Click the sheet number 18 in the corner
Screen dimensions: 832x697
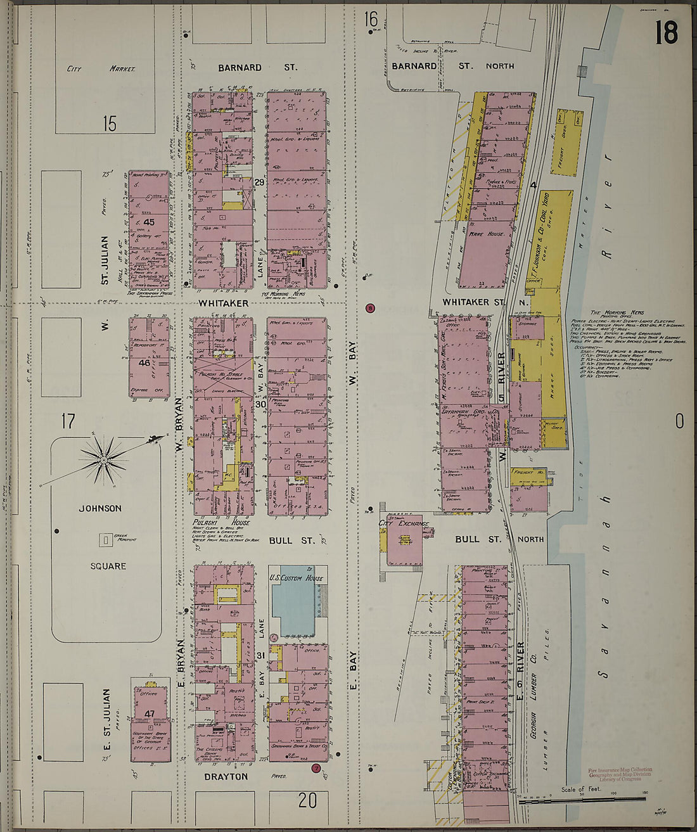click(667, 33)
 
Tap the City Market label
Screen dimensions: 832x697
click(101, 68)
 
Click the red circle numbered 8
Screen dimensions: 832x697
click(371, 309)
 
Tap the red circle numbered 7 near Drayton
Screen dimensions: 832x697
click(316, 769)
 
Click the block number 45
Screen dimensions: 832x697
click(149, 222)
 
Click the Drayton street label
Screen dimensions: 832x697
click(226, 776)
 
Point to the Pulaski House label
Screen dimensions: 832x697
click(222, 522)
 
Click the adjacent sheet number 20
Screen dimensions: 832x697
click(307, 800)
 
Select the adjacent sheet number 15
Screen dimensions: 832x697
click(110, 124)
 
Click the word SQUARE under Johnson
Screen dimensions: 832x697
click(108, 566)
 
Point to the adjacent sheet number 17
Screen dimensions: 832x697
click(68, 421)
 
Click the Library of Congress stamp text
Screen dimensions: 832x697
click(620, 774)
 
